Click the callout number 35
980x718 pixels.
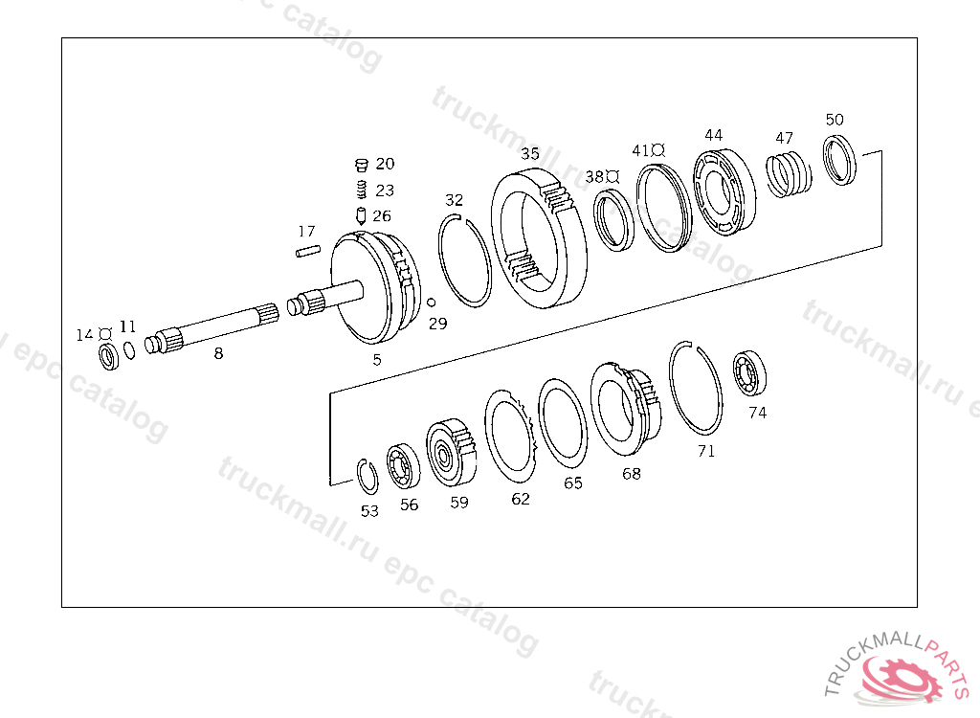coord(530,153)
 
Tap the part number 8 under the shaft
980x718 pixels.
coord(218,353)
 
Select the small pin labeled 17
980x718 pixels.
coord(307,251)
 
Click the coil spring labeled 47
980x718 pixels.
coord(789,173)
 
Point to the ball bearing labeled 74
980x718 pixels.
coord(749,373)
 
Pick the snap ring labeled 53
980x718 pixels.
coord(367,477)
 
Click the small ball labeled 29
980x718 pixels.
coord(431,303)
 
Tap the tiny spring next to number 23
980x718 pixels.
coord(361,190)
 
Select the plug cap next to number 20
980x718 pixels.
coord(361,165)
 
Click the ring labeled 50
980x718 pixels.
coord(838,160)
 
